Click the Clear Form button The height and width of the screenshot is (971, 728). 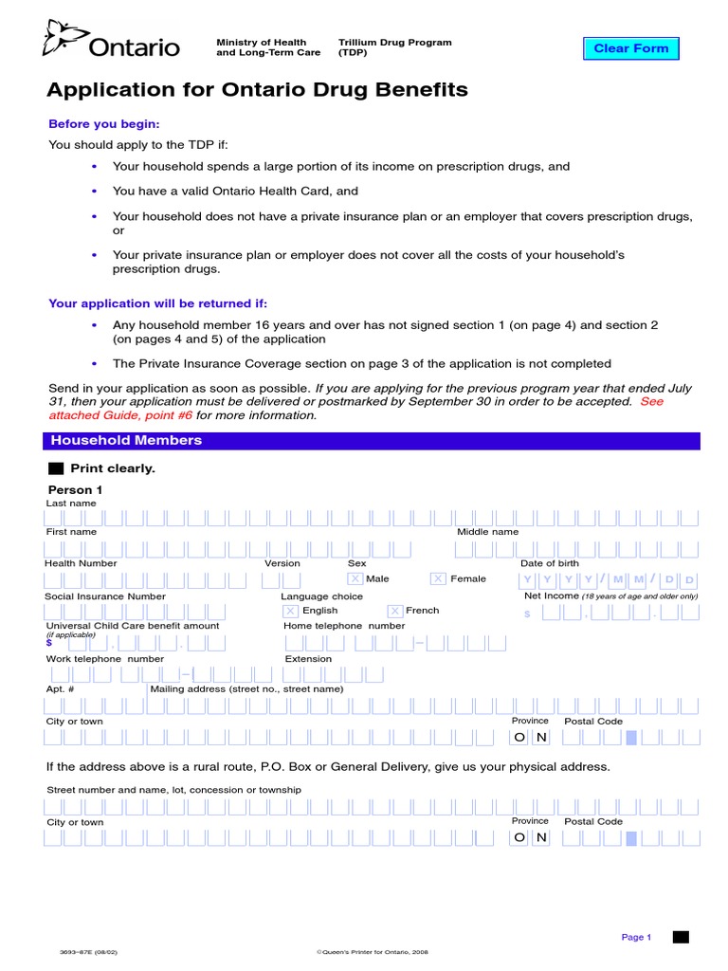[x=630, y=48]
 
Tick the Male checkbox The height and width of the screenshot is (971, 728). [x=355, y=578]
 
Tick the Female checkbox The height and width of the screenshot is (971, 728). [x=438, y=578]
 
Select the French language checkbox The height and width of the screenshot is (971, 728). [x=394, y=611]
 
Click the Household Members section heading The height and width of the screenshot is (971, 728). [x=126, y=441]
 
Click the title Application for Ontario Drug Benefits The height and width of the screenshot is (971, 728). [x=257, y=90]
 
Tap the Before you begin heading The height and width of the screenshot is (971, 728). [x=104, y=124]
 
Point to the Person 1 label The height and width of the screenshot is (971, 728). [x=75, y=489]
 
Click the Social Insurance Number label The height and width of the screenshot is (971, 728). [x=105, y=596]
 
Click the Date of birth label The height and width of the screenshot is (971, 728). [x=549, y=563]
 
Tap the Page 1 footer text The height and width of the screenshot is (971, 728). [x=636, y=937]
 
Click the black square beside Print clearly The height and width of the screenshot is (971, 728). [x=55, y=468]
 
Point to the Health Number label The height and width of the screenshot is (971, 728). [x=81, y=563]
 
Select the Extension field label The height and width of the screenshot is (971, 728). [x=308, y=659]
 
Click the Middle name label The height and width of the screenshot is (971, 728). [x=487, y=532]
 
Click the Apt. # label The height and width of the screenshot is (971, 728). [x=55, y=689]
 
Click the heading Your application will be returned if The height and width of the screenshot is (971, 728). [x=158, y=303]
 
